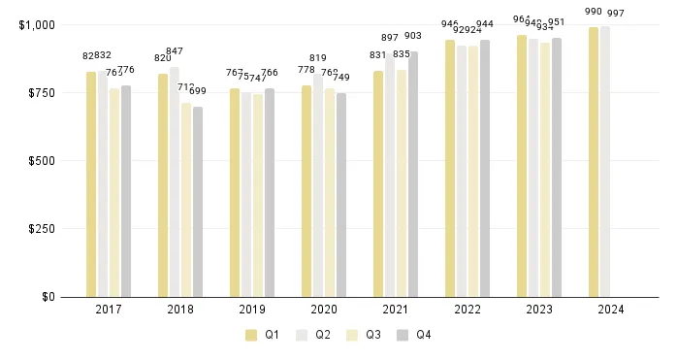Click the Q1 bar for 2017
click(91, 184)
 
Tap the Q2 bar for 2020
click(318, 185)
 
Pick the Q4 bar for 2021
click(413, 175)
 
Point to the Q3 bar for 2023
click(545, 170)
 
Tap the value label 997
click(615, 13)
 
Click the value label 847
click(175, 51)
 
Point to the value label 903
click(412, 36)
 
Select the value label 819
click(318, 58)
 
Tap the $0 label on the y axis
click(48, 297)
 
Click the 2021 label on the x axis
click(396, 310)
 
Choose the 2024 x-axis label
click(611, 310)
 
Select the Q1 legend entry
click(261, 335)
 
